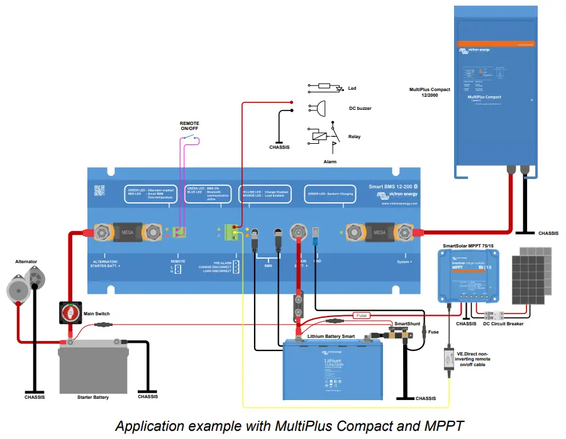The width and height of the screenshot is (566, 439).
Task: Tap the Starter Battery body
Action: [94, 368]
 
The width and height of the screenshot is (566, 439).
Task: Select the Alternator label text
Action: [26, 261]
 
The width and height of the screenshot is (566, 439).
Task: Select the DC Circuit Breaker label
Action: [502, 324]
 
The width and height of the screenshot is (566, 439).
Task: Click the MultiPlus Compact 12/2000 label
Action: [430, 93]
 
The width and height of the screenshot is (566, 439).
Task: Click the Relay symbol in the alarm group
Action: [319, 136]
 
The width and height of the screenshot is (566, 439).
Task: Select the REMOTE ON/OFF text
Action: [191, 126]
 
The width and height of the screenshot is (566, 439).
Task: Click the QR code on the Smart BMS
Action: [98, 190]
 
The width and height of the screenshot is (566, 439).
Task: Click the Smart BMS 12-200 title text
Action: [389, 187]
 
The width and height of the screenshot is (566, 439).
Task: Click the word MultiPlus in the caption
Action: [300, 426]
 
